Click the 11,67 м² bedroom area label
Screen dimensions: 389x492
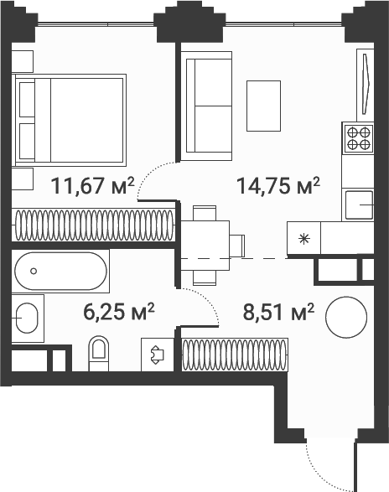pos(92,186)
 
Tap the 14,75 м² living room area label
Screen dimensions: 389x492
pos(278,186)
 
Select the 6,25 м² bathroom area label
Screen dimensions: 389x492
pos(119,312)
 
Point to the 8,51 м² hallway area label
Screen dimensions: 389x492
pos(278,312)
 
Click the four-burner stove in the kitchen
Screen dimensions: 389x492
pos(358,138)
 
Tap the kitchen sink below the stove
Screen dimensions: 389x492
pos(359,205)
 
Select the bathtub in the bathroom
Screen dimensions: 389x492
pos(60,271)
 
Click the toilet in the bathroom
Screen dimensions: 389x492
pos(99,354)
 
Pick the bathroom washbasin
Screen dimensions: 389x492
pos(27,319)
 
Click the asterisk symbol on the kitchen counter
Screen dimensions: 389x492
pos(304,239)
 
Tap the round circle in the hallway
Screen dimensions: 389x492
pos(346,317)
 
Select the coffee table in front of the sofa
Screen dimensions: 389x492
pos(263,106)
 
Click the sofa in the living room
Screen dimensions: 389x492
pos(206,106)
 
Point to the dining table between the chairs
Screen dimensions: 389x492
pos(205,246)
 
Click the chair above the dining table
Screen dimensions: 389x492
pos(205,213)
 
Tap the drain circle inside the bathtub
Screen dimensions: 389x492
pos(34,271)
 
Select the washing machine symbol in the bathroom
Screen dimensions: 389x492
pos(158,355)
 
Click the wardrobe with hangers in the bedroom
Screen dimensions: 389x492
pos(94,225)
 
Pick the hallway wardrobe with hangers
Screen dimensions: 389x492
pos(235,355)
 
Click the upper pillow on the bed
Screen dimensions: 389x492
pos(27,100)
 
